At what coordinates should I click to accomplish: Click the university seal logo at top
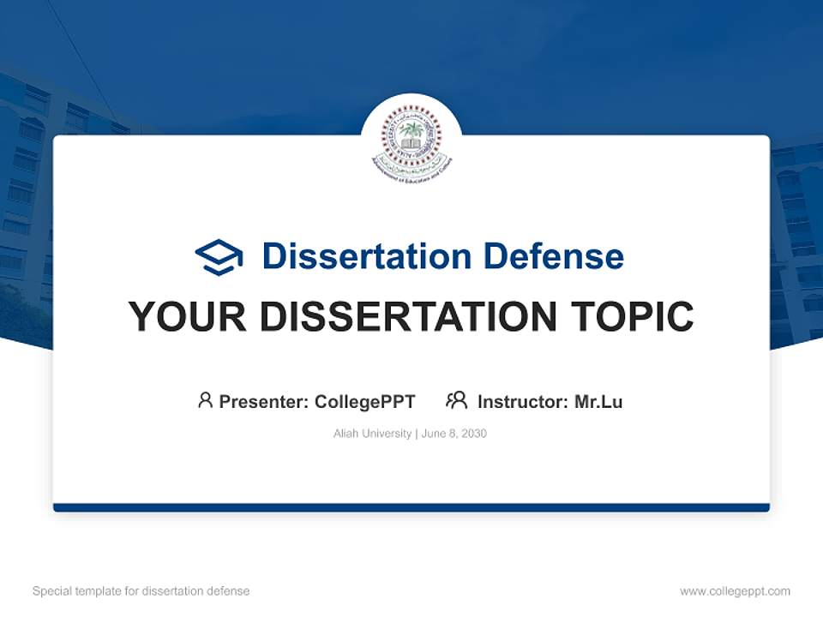point(411,142)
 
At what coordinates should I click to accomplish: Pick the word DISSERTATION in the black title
point(407,317)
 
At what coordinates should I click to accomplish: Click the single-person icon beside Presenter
point(205,400)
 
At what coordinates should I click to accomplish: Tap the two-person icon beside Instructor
point(456,400)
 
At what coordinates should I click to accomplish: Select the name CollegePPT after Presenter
point(365,401)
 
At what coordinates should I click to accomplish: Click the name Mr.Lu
point(598,401)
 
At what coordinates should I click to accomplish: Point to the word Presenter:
point(264,401)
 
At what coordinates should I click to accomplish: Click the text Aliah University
point(372,434)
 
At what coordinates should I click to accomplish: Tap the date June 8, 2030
point(454,434)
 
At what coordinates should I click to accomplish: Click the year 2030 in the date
point(473,434)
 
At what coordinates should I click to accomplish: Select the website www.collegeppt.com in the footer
point(735,591)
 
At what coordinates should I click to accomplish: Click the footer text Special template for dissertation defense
point(141,591)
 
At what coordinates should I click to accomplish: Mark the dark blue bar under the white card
point(411,507)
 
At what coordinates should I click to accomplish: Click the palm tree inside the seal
point(411,132)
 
